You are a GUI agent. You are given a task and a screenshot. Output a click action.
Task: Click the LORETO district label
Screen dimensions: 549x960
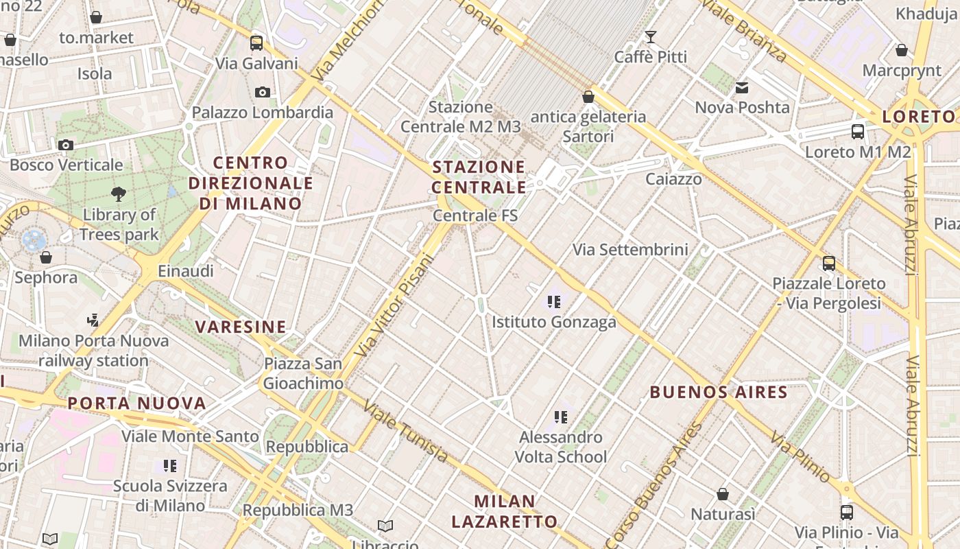pyautogui.click(x=918, y=117)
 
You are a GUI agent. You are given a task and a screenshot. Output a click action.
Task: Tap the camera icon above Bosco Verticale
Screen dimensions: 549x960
pyautogui.click(x=66, y=145)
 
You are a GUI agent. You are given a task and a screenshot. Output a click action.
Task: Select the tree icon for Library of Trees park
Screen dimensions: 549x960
pyautogui.click(x=119, y=194)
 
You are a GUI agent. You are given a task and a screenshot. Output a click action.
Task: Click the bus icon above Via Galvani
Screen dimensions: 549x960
pyautogui.click(x=256, y=43)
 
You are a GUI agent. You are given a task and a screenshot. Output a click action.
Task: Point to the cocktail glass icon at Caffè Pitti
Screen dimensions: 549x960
pyautogui.click(x=650, y=37)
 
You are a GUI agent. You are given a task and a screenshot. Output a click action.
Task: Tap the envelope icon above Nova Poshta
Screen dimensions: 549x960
pyautogui.click(x=742, y=88)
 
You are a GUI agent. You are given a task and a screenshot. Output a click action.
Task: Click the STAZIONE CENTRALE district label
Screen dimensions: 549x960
pyautogui.click(x=479, y=177)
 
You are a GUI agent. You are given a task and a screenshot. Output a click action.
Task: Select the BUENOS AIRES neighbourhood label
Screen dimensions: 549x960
pyautogui.click(x=719, y=393)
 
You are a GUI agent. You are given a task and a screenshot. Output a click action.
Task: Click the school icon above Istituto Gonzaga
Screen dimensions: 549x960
pyautogui.click(x=554, y=301)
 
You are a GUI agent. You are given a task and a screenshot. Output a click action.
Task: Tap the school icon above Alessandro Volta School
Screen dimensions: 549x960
pyautogui.click(x=561, y=417)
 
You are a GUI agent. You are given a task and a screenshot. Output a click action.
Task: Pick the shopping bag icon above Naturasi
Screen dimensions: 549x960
pyautogui.click(x=722, y=494)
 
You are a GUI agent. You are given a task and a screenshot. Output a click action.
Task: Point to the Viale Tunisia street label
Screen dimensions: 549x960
pyautogui.click(x=406, y=432)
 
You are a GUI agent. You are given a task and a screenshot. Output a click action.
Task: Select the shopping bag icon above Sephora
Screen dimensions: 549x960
pyautogui.click(x=46, y=257)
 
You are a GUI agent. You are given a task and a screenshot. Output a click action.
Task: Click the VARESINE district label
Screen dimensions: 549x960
pyautogui.click(x=241, y=327)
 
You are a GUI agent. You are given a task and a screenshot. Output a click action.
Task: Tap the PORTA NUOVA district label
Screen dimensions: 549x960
pyautogui.click(x=137, y=403)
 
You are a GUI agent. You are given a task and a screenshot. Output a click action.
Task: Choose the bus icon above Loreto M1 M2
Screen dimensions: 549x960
pyautogui.click(x=857, y=132)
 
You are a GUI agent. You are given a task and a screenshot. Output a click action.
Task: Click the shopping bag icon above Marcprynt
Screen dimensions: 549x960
pyautogui.click(x=902, y=50)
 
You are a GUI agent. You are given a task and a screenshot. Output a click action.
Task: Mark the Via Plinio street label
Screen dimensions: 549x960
pyautogui.click(x=800, y=456)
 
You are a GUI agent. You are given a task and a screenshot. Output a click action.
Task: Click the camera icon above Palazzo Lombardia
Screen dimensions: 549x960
pyautogui.click(x=262, y=92)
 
